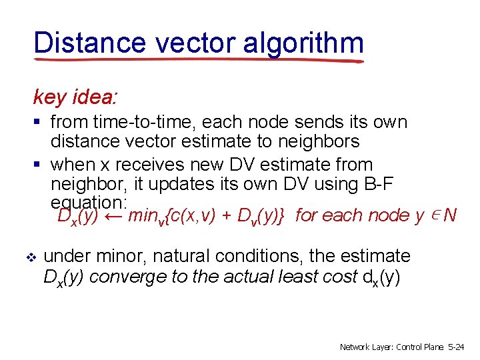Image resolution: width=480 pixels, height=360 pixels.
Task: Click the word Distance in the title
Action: pyautogui.click(x=89, y=43)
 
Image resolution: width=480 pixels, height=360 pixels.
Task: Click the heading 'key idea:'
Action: pyautogui.click(x=75, y=97)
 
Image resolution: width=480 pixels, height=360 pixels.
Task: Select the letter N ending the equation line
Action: pyautogui.click(x=450, y=215)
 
